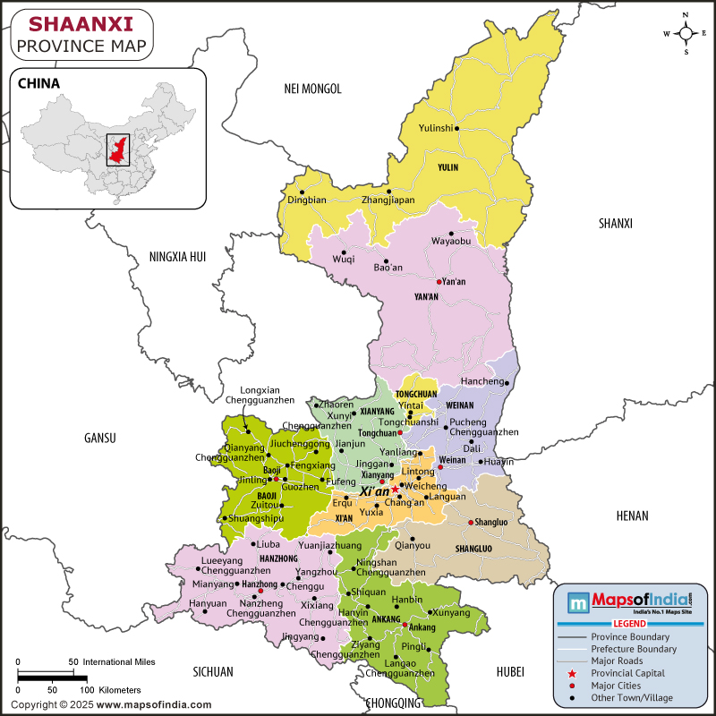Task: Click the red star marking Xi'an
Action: click(396, 490)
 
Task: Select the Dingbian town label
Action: click(307, 200)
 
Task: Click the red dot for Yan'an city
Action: click(439, 282)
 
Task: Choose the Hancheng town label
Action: click(482, 381)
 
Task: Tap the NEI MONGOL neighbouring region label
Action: click(312, 88)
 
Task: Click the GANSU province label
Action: click(100, 438)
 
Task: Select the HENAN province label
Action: click(632, 516)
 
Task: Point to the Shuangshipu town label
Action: click(256, 517)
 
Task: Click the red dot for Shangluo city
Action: click(471, 523)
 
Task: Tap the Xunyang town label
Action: click(450, 612)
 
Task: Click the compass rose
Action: click(686, 33)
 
